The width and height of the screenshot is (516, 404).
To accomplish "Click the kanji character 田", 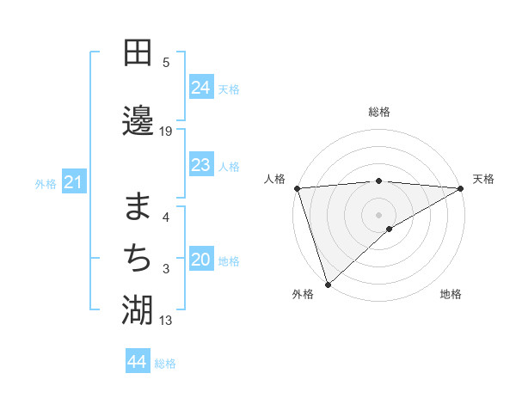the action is coord(138,52).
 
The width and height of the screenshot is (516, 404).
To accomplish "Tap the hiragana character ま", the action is coord(138,206).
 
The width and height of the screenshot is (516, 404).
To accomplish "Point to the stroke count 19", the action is coord(166,131).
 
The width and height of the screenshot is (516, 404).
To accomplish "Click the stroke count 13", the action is coord(166,321).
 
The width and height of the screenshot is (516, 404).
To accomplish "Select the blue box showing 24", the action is coord(201,88).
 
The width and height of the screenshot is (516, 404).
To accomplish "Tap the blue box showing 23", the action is coord(201,165).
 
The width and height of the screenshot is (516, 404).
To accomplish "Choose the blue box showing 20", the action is coord(201,260).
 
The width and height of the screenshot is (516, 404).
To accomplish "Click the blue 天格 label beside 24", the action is coord(229,89).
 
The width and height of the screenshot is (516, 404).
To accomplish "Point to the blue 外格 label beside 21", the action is coord(46,184).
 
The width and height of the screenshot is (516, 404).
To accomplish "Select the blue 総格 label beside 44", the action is coord(165,364).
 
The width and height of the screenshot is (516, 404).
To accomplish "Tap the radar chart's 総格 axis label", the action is coord(378,112).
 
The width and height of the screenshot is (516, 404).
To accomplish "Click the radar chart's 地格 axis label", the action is coord(451,295).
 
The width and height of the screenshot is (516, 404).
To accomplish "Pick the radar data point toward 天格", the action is coord(461,188).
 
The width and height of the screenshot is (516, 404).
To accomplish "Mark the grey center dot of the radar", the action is coord(378,214).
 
